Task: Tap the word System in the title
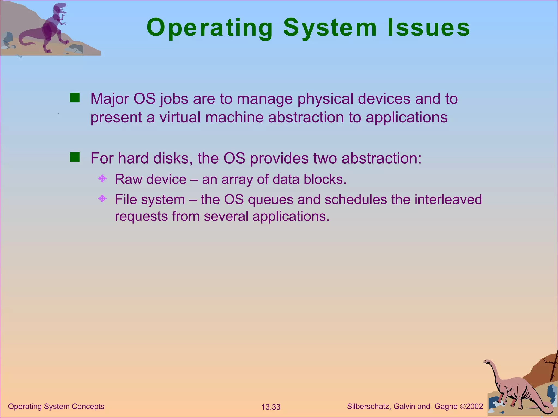point(330,28)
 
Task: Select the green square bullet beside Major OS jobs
point(74,98)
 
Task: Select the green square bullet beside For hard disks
point(74,157)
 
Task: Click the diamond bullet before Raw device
point(102,179)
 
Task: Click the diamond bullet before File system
point(102,199)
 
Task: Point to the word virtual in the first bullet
point(180,118)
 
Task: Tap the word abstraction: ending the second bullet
point(381,158)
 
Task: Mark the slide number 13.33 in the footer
point(271,407)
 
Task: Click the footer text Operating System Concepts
point(56,406)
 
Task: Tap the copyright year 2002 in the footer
point(474,406)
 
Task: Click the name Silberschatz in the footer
point(369,406)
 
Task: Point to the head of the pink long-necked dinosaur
point(487,362)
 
